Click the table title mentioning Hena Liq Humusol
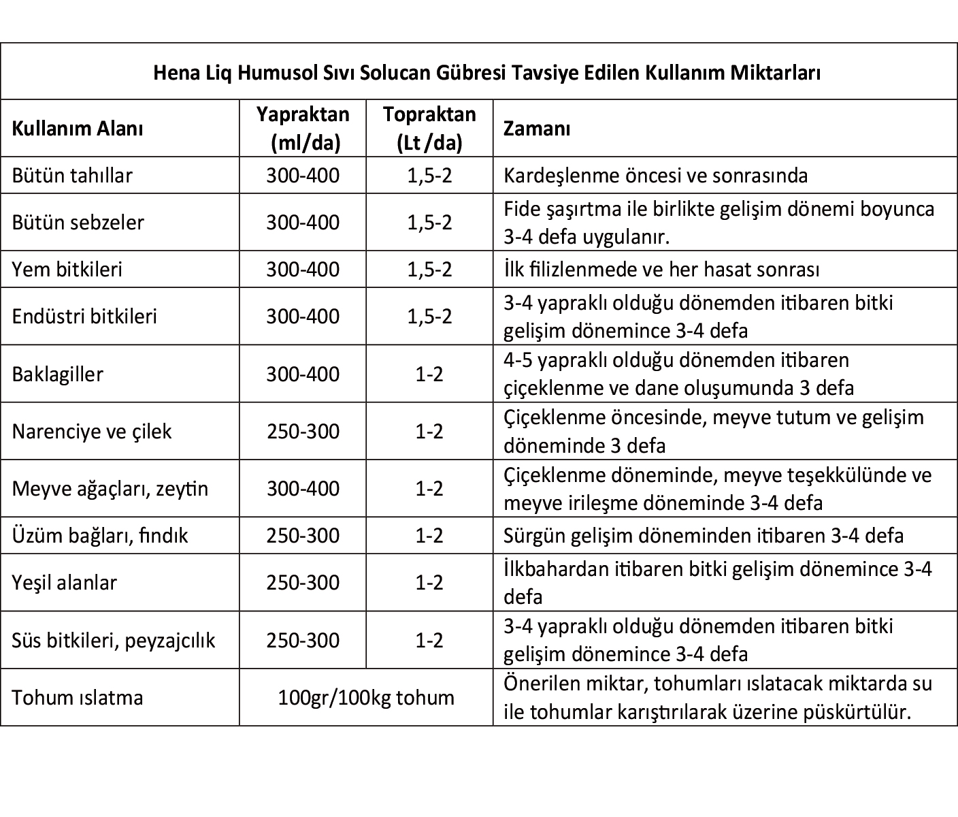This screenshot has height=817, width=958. click(x=486, y=72)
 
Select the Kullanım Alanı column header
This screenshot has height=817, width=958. click(x=78, y=128)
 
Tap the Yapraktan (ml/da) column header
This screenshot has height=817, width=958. click(x=303, y=128)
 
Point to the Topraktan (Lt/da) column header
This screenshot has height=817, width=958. click(x=429, y=128)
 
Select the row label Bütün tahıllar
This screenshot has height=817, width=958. click(x=72, y=176)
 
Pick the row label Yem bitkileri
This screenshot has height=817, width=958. click(x=67, y=270)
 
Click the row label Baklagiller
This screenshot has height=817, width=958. click(x=58, y=374)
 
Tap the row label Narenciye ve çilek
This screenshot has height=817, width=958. click(x=92, y=432)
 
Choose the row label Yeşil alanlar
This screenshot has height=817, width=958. click(x=64, y=583)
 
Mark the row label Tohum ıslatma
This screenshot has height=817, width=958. click(x=78, y=698)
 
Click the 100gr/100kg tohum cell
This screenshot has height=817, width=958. click(x=366, y=698)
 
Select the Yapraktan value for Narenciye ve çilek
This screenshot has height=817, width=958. click(x=303, y=432)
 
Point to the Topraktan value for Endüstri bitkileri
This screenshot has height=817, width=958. click(x=429, y=317)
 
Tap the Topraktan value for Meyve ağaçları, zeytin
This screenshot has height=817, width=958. click(x=429, y=489)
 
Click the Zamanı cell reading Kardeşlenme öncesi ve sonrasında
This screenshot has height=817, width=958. click(x=655, y=176)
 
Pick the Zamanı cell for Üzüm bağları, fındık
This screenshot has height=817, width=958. click(x=704, y=536)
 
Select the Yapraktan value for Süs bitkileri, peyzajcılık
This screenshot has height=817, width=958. click(x=303, y=641)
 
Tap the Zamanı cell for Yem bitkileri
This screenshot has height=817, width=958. click(x=661, y=270)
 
